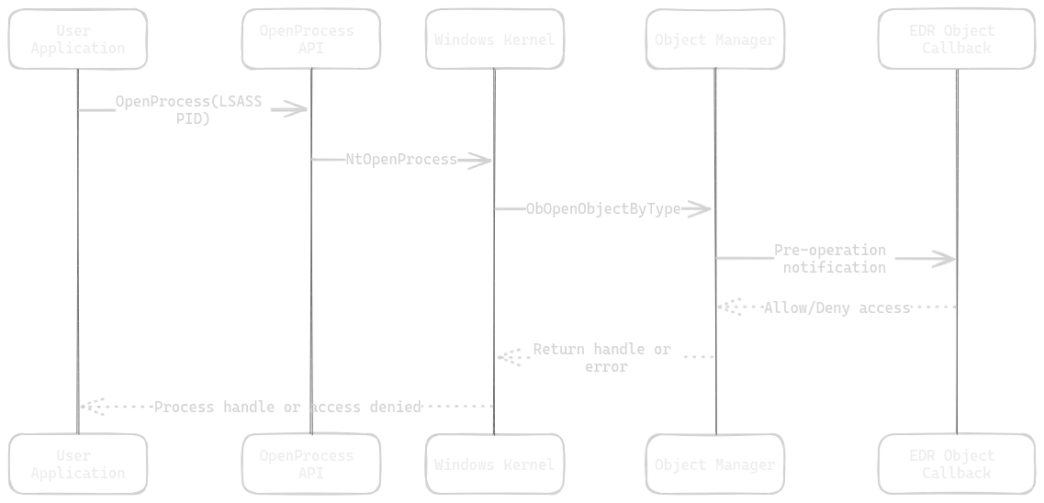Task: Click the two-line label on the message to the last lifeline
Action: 832,260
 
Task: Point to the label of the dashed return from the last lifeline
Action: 836,310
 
